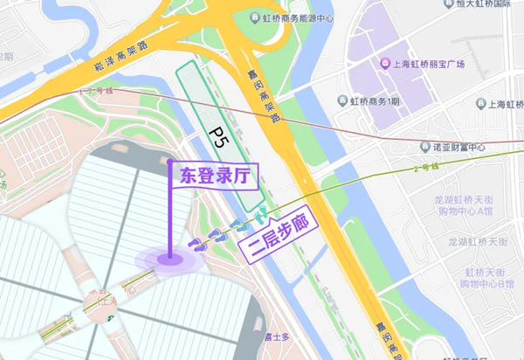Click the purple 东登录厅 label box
(x=214, y=175)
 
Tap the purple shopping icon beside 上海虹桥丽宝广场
(x=383, y=64)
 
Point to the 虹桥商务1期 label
(x=375, y=102)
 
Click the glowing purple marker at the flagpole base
(x=169, y=258)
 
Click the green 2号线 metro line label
(x=424, y=166)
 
